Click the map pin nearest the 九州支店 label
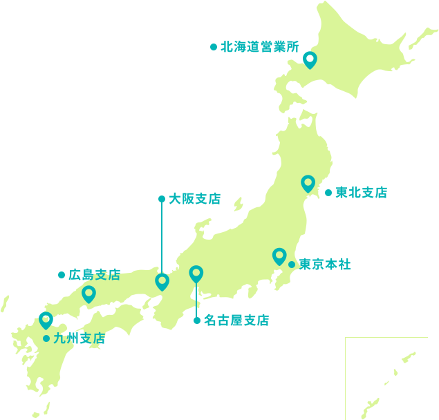click(x=46, y=320)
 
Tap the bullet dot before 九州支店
click(x=46, y=338)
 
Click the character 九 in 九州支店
click(x=59, y=338)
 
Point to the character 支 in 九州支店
click(x=86, y=338)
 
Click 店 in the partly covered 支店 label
click(x=113, y=275)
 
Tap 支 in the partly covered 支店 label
click(x=100, y=275)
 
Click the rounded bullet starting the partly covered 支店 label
click(x=62, y=275)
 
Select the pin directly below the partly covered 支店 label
click(x=88, y=294)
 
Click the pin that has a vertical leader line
click(x=196, y=274)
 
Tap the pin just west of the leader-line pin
click(x=162, y=281)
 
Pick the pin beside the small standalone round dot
click(x=279, y=256)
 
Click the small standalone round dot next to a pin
click(x=292, y=265)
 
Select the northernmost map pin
click(x=310, y=60)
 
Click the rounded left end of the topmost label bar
click(x=214, y=47)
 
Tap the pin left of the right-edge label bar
click(x=308, y=183)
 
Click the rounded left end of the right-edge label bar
click(x=329, y=192)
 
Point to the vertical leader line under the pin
click(x=196, y=300)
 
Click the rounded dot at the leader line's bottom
click(x=197, y=320)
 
